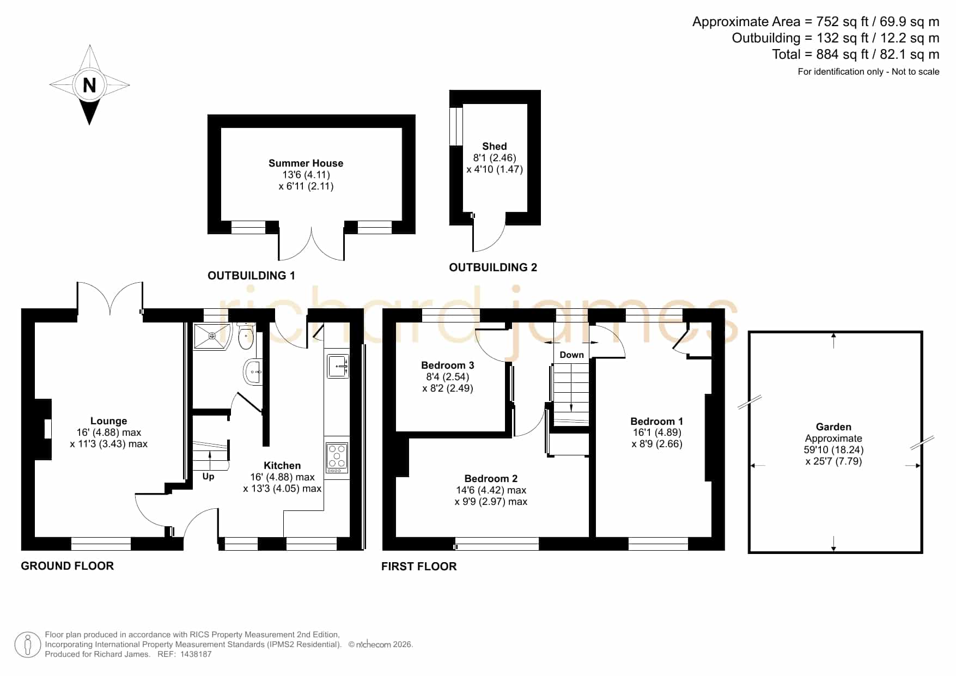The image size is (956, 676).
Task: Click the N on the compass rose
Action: [89, 85]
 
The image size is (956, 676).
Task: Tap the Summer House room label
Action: [306, 163]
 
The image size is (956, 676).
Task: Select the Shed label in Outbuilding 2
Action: [495, 146]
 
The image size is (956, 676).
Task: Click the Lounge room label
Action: [108, 421]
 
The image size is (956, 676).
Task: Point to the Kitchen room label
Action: [282, 465]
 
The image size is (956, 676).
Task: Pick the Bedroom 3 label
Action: [447, 365]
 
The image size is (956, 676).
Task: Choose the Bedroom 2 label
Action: [491, 478]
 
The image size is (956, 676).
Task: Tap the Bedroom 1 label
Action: [656, 421]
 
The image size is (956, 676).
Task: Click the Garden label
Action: [833, 427]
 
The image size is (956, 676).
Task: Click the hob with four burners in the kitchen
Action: [337, 458]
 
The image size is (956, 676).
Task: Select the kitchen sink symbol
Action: [338, 366]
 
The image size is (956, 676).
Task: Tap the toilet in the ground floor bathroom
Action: [246, 336]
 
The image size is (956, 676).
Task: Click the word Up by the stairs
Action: [208, 476]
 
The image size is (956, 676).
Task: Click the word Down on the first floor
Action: [571, 355]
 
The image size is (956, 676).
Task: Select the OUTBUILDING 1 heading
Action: [251, 276]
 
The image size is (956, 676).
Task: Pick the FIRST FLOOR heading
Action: [419, 567]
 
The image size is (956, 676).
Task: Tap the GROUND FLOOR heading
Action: [68, 566]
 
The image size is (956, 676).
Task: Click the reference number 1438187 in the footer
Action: [196, 654]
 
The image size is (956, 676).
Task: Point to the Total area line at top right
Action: [855, 54]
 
